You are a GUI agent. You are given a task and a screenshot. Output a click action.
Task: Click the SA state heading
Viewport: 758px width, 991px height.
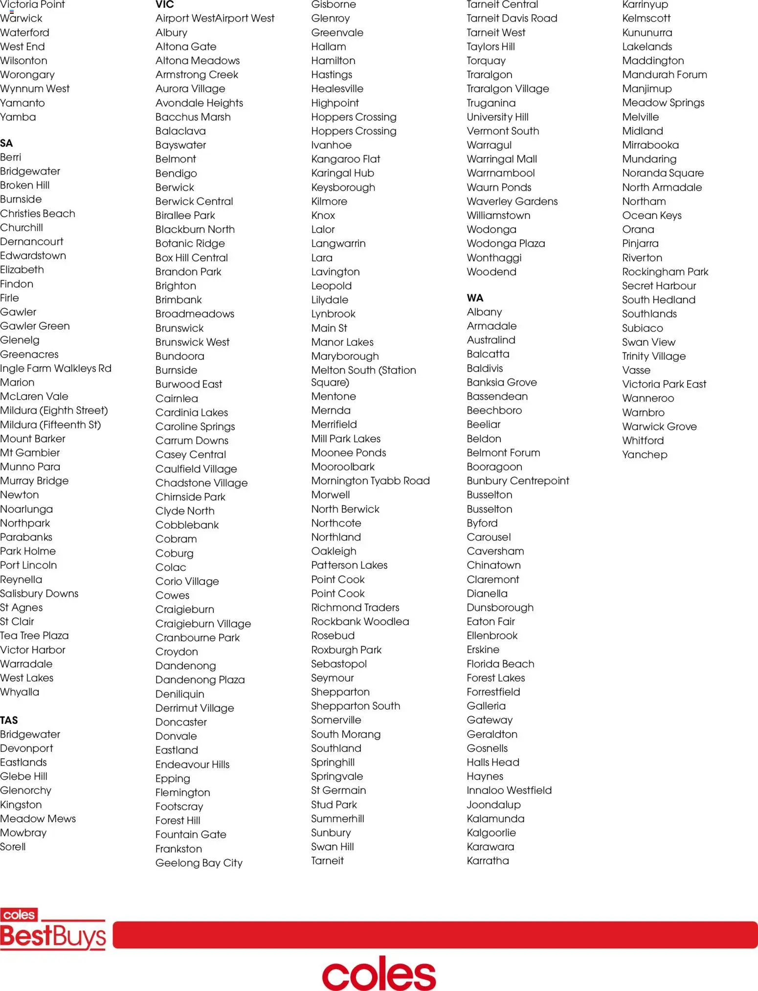pyautogui.click(x=6, y=143)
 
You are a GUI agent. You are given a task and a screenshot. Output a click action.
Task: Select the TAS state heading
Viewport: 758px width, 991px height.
pyautogui.click(x=9, y=720)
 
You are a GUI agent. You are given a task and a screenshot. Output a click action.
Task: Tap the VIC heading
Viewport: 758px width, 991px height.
pyautogui.click(x=165, y=5)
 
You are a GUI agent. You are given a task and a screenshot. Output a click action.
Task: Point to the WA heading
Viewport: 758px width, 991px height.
pyautogui.click(x=475, y=298)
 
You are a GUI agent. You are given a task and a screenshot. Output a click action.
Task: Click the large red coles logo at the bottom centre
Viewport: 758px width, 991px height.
pyautogui.click(x=379, y=973)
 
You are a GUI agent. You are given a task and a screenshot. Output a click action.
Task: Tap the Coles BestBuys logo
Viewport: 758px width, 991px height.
pyautogui.click(x=53, y=929)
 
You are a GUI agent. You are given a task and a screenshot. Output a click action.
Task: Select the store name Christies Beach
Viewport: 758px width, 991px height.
pyautogui.click(x=38, y=214)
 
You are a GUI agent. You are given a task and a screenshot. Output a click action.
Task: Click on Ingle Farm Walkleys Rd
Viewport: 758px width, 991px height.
pyautogui.click(x=56, y=368)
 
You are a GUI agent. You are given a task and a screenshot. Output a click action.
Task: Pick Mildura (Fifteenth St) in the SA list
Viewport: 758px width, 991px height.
pyautogui.click(x=50, y=425)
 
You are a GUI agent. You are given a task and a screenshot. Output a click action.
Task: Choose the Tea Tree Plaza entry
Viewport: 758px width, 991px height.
pyautogui.click(x=34, y=635)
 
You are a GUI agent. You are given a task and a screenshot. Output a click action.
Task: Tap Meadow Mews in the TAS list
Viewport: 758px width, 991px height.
pyautogui.click(x=38, y=818)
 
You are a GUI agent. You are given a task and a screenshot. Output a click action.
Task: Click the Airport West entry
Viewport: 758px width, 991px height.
pyautogui.click(x=215, y=19)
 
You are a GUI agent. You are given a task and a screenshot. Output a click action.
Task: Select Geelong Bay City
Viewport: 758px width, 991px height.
pyautogui.click(x=199, y=863)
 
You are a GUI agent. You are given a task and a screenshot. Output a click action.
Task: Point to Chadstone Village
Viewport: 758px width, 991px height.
pyautogui.click(x=201, y=483)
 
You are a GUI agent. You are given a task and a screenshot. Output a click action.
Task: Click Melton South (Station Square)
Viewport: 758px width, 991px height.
pyautogui.click(x=363, y=376)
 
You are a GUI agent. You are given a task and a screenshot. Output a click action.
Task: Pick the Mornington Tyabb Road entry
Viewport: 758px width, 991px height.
pyautogui.click(x=370, y=481)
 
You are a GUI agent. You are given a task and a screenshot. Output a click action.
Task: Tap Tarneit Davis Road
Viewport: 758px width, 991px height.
pyautogui.click(x=512, y=19)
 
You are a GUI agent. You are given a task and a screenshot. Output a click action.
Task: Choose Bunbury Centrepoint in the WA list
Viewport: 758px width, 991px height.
pyautogui.click(x=518, y=481)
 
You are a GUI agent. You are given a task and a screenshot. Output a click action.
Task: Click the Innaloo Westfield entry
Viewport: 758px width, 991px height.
pyautogui.click(x=509, y=790)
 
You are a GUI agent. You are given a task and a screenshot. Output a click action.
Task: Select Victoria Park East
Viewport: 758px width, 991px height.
pyautogui.click(x=664, y=384)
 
